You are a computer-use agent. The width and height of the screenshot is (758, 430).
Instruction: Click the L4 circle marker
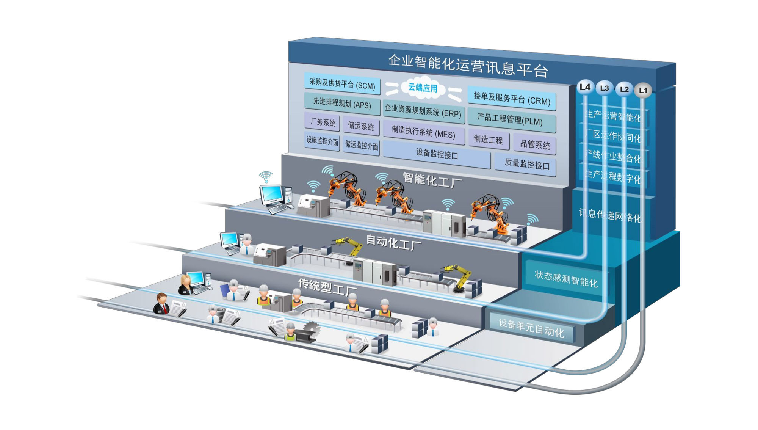[x=585, y=87]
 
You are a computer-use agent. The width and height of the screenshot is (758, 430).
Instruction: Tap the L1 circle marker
[x=643, y=90]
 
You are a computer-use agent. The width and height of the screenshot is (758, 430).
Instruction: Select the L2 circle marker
[x=624, y=89]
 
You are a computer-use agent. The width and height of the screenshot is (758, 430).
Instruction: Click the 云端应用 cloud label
[x=423, y=88]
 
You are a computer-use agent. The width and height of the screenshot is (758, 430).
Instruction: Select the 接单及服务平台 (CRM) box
[x=512, y=99]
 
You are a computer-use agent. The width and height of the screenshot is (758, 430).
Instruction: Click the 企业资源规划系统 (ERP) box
[x=423, y=111]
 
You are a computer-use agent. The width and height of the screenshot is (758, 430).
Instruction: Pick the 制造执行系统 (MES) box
[x=423, y=132]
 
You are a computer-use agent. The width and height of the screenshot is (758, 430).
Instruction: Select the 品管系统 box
[x=535, y=144]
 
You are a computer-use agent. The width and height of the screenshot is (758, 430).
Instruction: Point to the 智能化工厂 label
[x=432, y=180]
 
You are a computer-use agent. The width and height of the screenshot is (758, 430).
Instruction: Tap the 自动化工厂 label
[x=393, y=242]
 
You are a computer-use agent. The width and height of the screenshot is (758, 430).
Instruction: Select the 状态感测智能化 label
[x=566, y=279]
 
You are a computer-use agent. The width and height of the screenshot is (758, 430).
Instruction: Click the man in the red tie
[x=162, y=304]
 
